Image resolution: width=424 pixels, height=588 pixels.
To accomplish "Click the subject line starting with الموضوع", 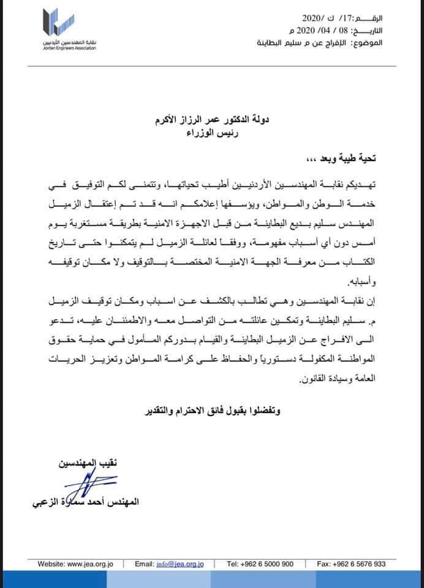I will coord(335,43).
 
